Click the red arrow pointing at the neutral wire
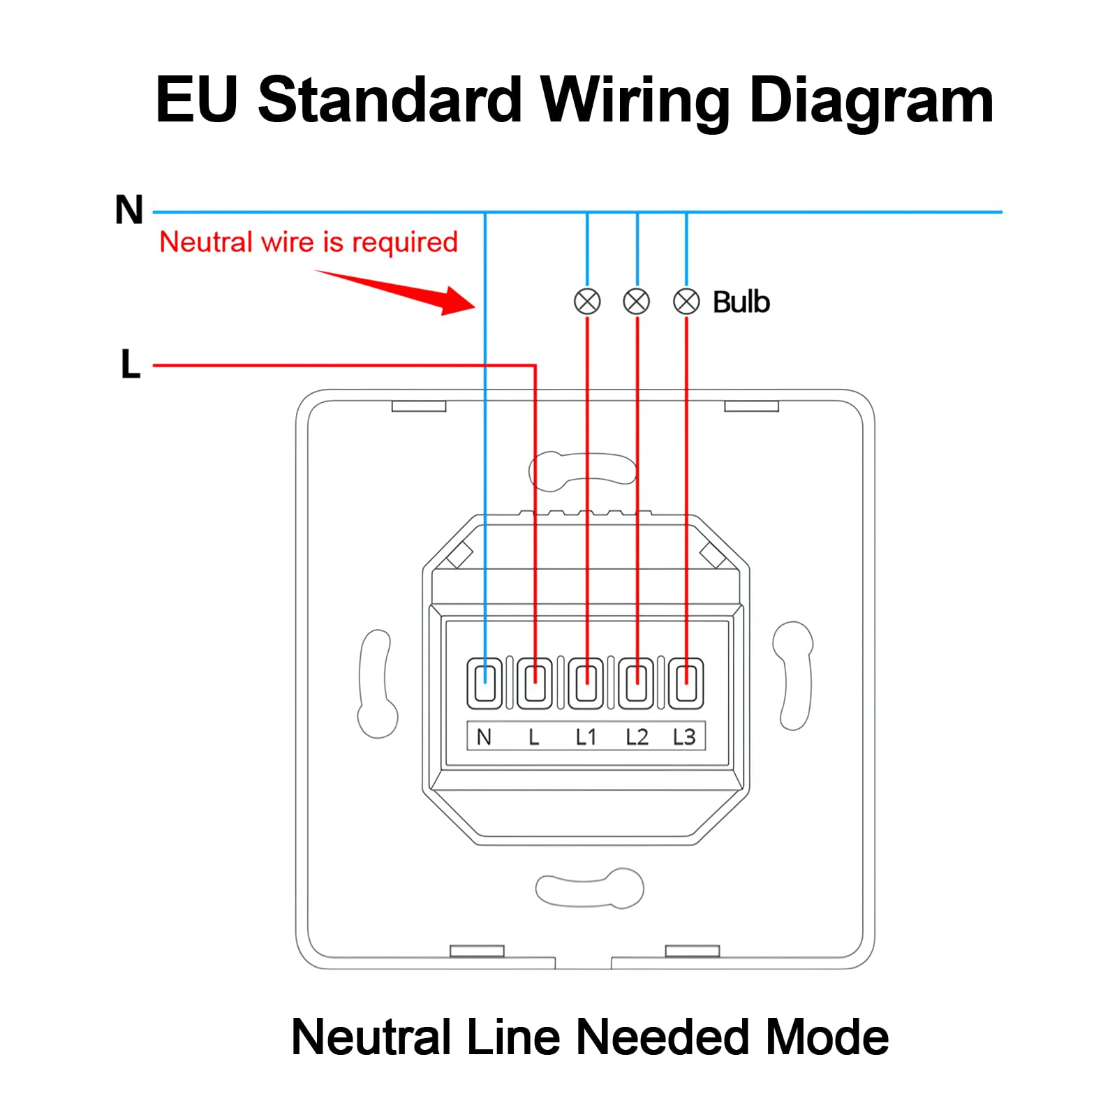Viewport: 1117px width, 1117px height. [395, 293]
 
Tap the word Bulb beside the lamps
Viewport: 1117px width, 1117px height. [741, 302]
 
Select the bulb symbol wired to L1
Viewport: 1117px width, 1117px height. [587, 302]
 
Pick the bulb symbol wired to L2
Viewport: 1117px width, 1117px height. [637, 302]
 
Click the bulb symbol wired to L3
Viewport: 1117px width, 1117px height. [686, 302]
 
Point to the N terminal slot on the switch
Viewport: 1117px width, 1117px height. [484, 683]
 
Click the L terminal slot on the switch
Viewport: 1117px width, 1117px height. [535, 683]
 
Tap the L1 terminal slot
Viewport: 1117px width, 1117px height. [586, 683]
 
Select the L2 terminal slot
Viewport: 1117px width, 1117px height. [636, 683]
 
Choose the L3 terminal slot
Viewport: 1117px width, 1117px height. [686, 683]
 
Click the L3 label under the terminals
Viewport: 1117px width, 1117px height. [684, 737]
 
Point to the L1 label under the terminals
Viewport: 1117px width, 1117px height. [586, 737]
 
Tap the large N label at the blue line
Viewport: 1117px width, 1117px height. [129, 209]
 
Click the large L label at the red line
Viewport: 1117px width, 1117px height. [131, 364]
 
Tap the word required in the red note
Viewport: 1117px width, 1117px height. [405, 242]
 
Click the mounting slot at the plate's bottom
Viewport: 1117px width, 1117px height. [589, 888]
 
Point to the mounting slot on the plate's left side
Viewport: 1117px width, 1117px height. [377, 683]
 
